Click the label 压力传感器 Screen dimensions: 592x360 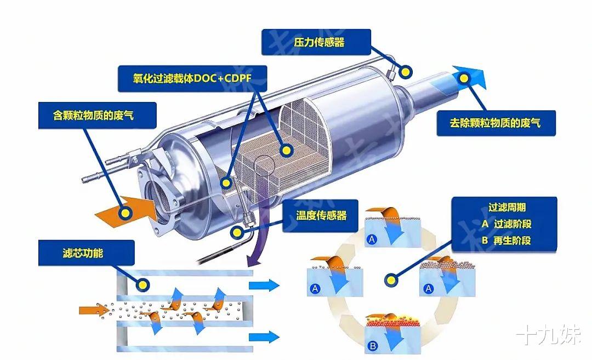tap(316, 42)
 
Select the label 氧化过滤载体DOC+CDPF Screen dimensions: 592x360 tap(185, 79)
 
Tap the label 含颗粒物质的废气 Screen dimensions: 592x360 tap(93, 116)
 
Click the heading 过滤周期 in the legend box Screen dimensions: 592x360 tap(506, 208)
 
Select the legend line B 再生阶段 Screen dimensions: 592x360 tap(506, 241)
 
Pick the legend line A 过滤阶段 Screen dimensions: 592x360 tap(506, 224)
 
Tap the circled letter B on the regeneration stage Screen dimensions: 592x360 tap(373, 346)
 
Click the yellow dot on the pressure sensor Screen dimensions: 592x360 tap(406, 71)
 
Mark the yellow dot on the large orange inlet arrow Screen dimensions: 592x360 tap(125, 213)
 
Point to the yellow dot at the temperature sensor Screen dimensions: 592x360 tap(237, 232)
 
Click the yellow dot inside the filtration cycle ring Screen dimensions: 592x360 tap(390, 281)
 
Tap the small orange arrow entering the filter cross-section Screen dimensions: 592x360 tap(94, 311)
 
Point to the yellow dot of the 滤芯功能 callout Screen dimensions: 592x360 tap(142, 284)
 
